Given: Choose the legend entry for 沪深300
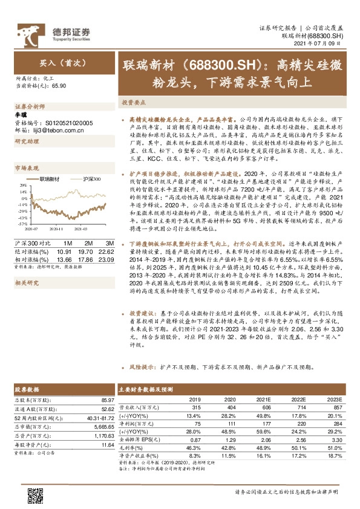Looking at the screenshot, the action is point(88,180).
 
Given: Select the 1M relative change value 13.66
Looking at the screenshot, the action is point(64,258).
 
